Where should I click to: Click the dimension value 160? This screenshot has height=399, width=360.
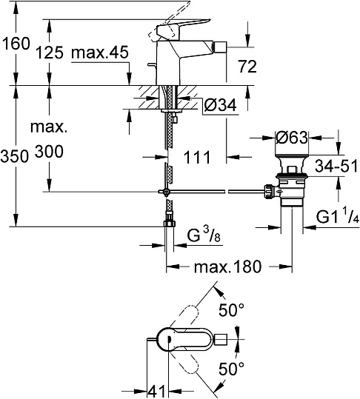tap(16, 44)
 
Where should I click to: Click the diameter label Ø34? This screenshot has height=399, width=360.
tap(220, 107)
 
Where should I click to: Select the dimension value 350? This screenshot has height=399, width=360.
tap(16, 156)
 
